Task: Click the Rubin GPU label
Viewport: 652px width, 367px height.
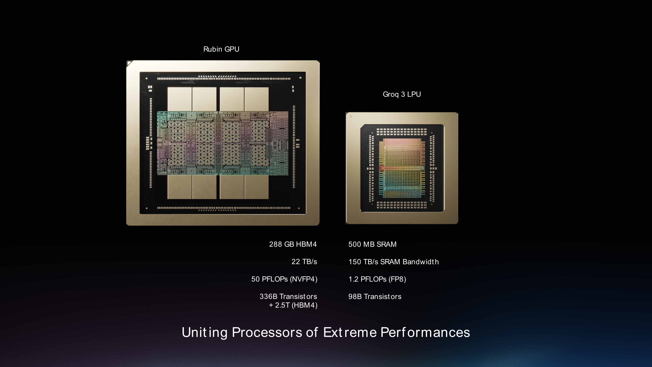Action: click(221, 49)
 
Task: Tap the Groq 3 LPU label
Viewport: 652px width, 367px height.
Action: click(402, 94)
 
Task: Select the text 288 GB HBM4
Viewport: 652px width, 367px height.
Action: click(293, 244)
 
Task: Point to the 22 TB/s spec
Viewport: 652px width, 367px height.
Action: click(304, 262)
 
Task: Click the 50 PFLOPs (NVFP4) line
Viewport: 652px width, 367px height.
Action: click(284, 279)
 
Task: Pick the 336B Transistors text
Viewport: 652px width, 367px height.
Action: click(288, 297)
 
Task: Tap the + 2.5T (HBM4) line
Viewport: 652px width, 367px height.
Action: click(293, 305)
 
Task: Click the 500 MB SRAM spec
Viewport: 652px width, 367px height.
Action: click(372, 244)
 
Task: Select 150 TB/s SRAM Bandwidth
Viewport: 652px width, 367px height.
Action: click(393, 262)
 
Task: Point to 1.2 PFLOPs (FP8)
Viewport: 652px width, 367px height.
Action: click(377, 279)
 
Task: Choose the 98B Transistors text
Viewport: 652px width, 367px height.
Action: click(375, 297)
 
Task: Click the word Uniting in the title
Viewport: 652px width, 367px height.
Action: click(204, 332)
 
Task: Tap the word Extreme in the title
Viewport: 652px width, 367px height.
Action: click(350, 332)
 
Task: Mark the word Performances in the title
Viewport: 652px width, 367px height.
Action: click(425, 332)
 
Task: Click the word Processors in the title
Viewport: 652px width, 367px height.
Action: click(267, 332)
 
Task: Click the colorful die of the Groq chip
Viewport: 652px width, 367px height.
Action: click(402, 168)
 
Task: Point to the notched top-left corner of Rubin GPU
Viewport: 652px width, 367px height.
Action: click(130, 63)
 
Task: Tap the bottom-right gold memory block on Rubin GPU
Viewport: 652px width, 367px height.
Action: click(257, 187)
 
